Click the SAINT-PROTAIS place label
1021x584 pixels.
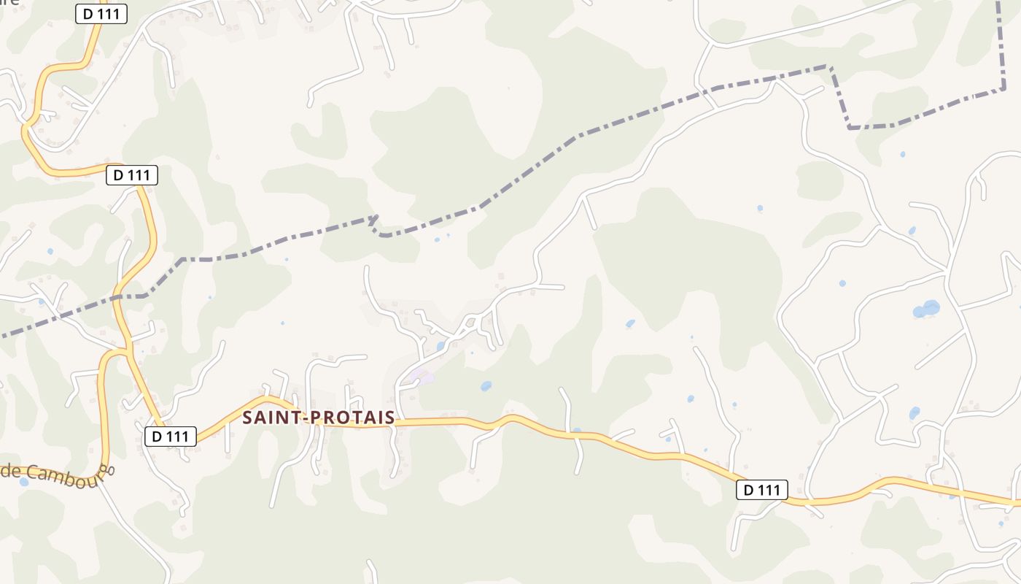point(318,418)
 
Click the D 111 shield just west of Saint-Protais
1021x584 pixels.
point(171,437)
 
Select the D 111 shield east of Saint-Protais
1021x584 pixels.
point(762,490)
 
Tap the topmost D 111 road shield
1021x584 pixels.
point(101,13)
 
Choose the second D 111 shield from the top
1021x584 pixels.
point(132,175)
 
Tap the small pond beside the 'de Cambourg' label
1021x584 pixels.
point(24,482)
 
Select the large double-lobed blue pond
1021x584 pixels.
point(926,309)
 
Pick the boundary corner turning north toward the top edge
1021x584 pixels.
point(1004,89)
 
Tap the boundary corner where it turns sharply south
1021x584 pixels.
point(830,66)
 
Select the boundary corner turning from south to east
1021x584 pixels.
point(850,128)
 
